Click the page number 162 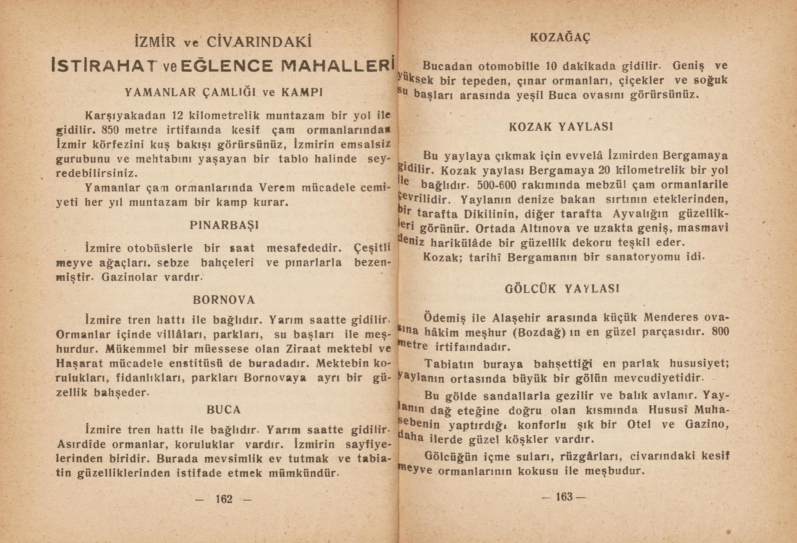click(224, 499)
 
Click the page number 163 click(564, 497)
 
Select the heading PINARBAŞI click(224, 226)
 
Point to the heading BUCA click(224, 410)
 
